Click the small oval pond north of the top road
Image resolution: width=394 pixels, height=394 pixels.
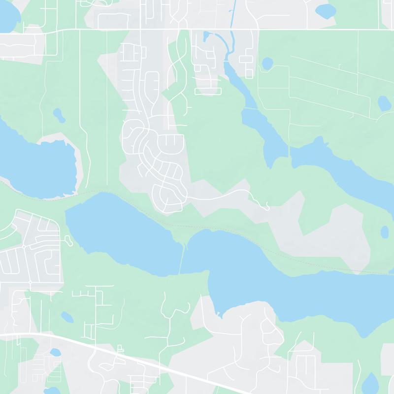pyautogui.click(x=324, y=9)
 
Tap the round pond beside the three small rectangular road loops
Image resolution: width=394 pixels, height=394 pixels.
pyautogui.click(x=267, y=64)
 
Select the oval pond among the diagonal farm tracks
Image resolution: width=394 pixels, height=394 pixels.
pyautogui.click(x=384, y=103)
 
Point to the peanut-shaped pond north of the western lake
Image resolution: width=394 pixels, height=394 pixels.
pyautogui.click(x=59, y=115)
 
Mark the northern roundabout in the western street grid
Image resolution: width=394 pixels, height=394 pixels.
pyautogui.click(x=24, y=246)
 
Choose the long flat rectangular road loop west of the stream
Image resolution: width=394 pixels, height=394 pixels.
pyautogui.click(x=209, y=91)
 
